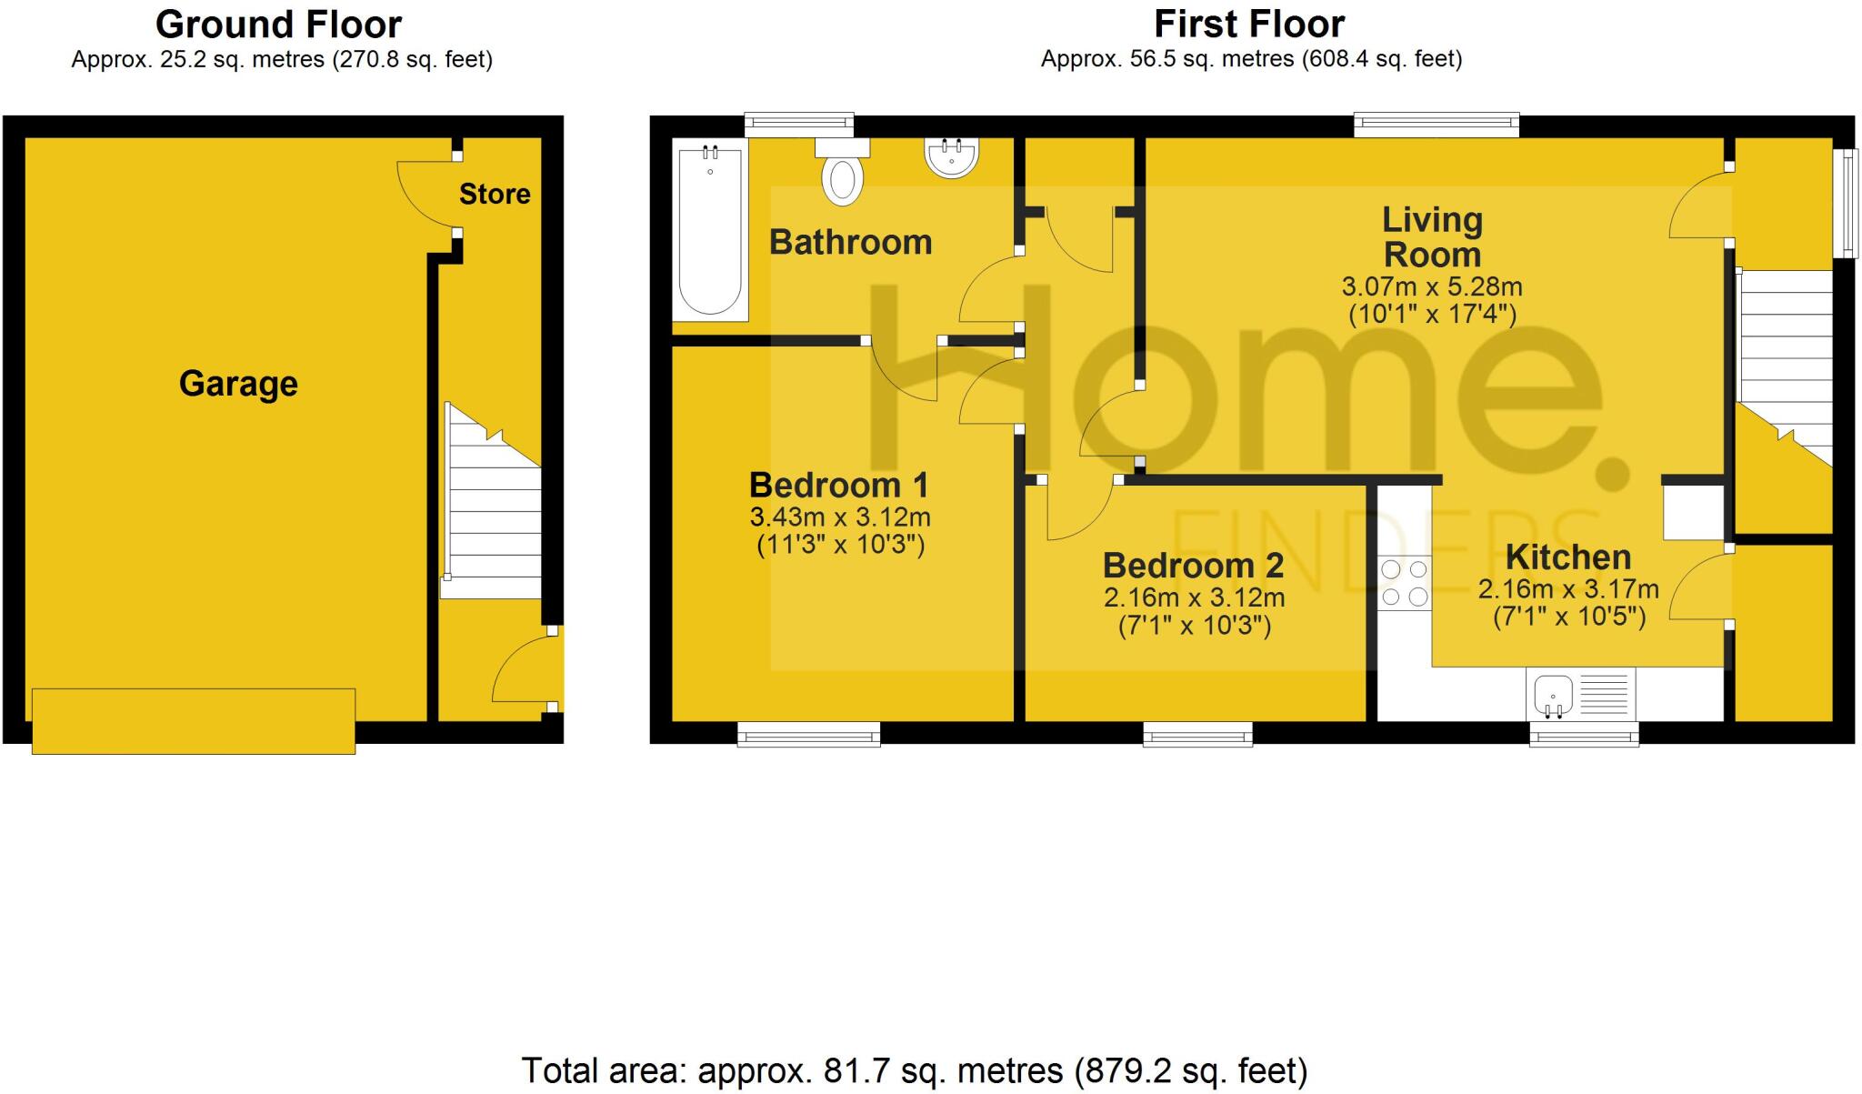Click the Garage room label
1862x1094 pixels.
coord(238,384)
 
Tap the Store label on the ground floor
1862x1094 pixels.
coord(495,194)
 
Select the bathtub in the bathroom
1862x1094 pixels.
coord(710,230)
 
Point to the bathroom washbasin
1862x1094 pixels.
coord(952,156)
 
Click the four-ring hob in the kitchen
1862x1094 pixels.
coord(1405,583)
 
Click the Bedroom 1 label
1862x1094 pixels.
coord(838,486)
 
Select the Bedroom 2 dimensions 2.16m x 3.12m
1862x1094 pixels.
coord(1194,598)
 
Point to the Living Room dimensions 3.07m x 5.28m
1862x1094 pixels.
coord(1431,286)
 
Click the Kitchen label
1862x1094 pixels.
coord(1568,557)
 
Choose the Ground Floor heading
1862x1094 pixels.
coord(279,25)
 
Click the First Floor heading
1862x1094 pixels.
coord(1249,25)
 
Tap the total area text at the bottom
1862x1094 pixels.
coord(914,1071)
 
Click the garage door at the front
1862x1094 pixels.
coord(194,721)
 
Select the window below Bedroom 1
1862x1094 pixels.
coord(808,734)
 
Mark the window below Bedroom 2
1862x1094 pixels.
coord(1197,734)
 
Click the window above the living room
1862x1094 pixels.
coord(1437,125)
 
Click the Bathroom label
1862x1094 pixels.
coord(850,243)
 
